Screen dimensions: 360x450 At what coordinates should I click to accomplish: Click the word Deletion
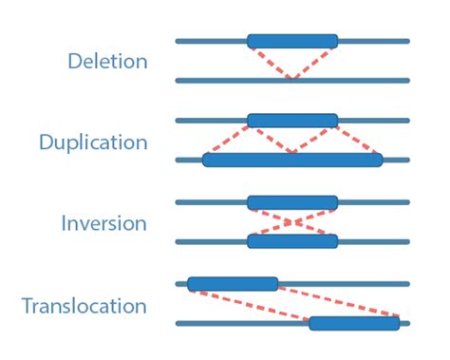coord(107,62)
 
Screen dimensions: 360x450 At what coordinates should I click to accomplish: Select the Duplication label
coord(93,142)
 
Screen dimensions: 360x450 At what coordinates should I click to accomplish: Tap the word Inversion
coord(103,224)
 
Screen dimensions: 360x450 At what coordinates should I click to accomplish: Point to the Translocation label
coord(84,307)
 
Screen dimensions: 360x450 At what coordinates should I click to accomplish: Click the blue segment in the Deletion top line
coord(292,41)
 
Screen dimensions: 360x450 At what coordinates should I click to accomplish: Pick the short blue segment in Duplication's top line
coord(292,121)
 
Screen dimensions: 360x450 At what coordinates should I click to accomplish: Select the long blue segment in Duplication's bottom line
coord(292,160)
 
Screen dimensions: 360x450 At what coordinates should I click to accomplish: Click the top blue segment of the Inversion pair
coord(292,202)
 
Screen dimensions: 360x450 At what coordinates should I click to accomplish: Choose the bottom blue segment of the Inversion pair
coord(292,241)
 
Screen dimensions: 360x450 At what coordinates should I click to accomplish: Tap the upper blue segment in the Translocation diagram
coord(233,283)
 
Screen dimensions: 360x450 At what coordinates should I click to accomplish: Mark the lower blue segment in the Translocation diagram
coord(354,323)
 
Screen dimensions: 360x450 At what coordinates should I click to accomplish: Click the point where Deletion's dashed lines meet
coord(292,78)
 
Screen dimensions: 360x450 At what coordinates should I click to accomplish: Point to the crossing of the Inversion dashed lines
coord(292,222)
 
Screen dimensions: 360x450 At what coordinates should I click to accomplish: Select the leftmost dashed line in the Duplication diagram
coord(228,140)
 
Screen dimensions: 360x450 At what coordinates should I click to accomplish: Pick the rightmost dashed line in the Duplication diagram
coord(359,140)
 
